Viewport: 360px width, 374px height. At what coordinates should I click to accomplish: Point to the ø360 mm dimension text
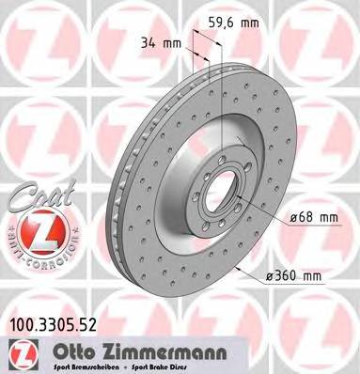294,275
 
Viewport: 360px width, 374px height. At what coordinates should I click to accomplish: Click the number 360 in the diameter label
286,275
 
